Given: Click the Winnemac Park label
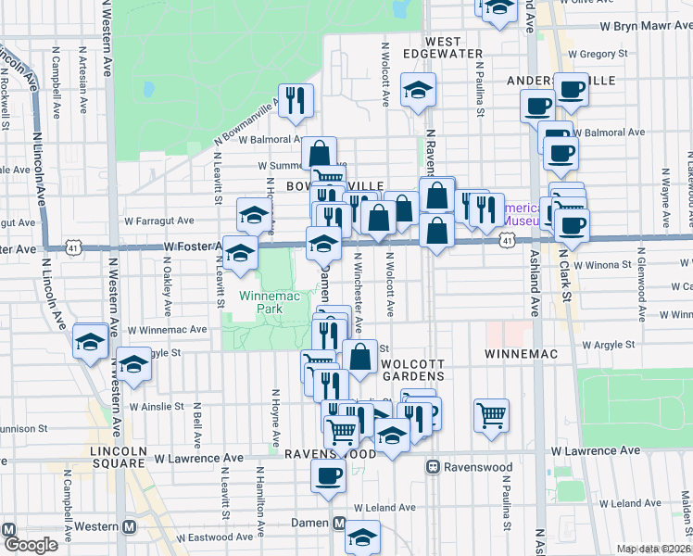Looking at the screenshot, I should click(x=261, y=302).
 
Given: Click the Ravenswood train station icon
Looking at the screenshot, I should click(x=433, y=467).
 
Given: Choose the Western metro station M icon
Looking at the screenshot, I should click(x=129, y=526).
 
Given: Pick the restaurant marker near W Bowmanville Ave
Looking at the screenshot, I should click(x=296, y=101).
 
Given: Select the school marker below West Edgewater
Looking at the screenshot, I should click(x=418, y=92).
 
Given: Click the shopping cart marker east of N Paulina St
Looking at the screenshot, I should click(x=491, y=414).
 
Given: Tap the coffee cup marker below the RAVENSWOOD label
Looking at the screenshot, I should click(x=326, y=476).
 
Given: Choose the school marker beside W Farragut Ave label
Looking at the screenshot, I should click(x=254, y=217).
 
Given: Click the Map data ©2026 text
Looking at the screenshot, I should click(x=654, y=549).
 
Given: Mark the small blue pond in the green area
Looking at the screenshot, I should click(x=148, y=91).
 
